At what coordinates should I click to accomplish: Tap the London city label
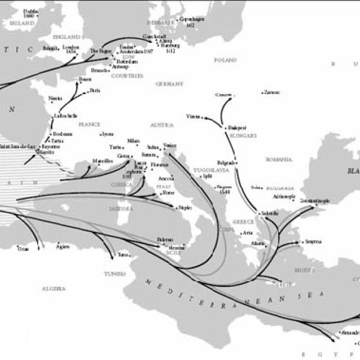tap(71, 47)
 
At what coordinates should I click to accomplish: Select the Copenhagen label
tap(192, 19)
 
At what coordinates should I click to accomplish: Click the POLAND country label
tap(226, 59)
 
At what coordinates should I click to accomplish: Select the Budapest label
tap(237, 128)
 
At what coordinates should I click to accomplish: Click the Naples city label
tap(184, 208)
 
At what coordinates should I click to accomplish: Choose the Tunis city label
tap(123, 255)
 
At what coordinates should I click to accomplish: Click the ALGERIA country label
tap(53, 288)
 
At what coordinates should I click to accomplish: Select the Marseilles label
tap(103, 160)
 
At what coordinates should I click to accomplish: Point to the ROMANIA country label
tap(279, 160)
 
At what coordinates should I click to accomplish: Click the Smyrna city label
tap(312, 242)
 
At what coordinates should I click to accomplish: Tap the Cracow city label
tap(223, 95)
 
